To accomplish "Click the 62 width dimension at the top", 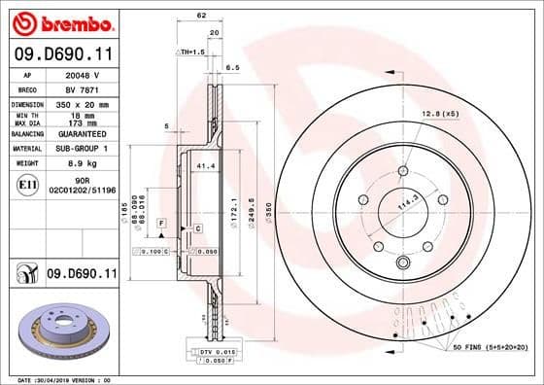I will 201,17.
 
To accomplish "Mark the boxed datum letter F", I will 160,224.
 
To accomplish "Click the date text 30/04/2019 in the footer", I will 61,378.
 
